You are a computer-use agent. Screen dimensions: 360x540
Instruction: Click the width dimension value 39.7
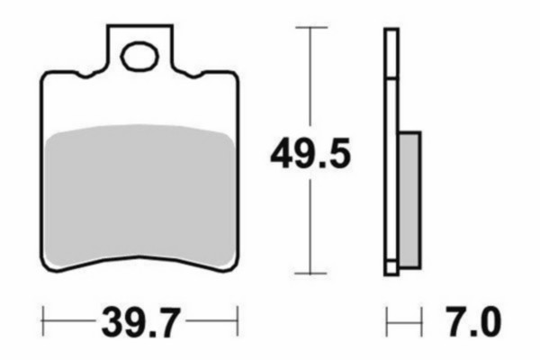click(139, 319)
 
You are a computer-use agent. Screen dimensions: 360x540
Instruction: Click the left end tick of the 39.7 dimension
click(42, 319)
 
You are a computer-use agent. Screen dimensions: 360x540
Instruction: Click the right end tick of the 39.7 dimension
click(238, 319)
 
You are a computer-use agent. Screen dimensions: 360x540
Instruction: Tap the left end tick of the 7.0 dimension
click(387, 319)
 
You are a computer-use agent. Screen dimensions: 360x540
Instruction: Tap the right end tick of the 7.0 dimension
click(421, 319)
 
